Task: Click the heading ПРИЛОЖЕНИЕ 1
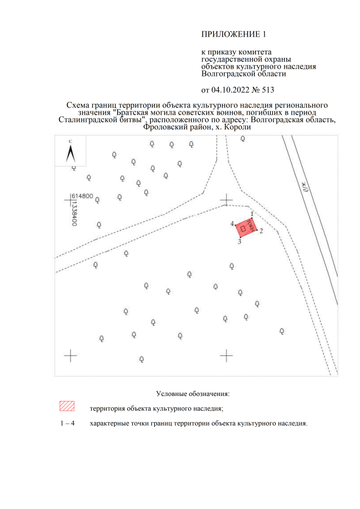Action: [x=233, y=34]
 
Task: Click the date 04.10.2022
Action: [x=231, y=90]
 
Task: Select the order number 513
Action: [x=268, y=90]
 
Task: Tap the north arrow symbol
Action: [x=70, y=153]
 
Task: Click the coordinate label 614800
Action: [x=82, y=196]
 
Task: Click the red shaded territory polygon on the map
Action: [x=246, y=228]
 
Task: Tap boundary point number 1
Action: [x=252, y=214]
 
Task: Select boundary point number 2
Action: [x=261, y=231]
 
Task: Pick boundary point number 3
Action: [x=240, y=242]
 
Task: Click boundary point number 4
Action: [x=232, y=224]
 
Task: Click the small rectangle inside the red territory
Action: [x=243, y=229]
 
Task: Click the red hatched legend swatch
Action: [x=67, y=406]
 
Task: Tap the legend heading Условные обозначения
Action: [x=192, y=394]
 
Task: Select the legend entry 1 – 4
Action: [x=67, y=424]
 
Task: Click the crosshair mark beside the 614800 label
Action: [x=70, y=200]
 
